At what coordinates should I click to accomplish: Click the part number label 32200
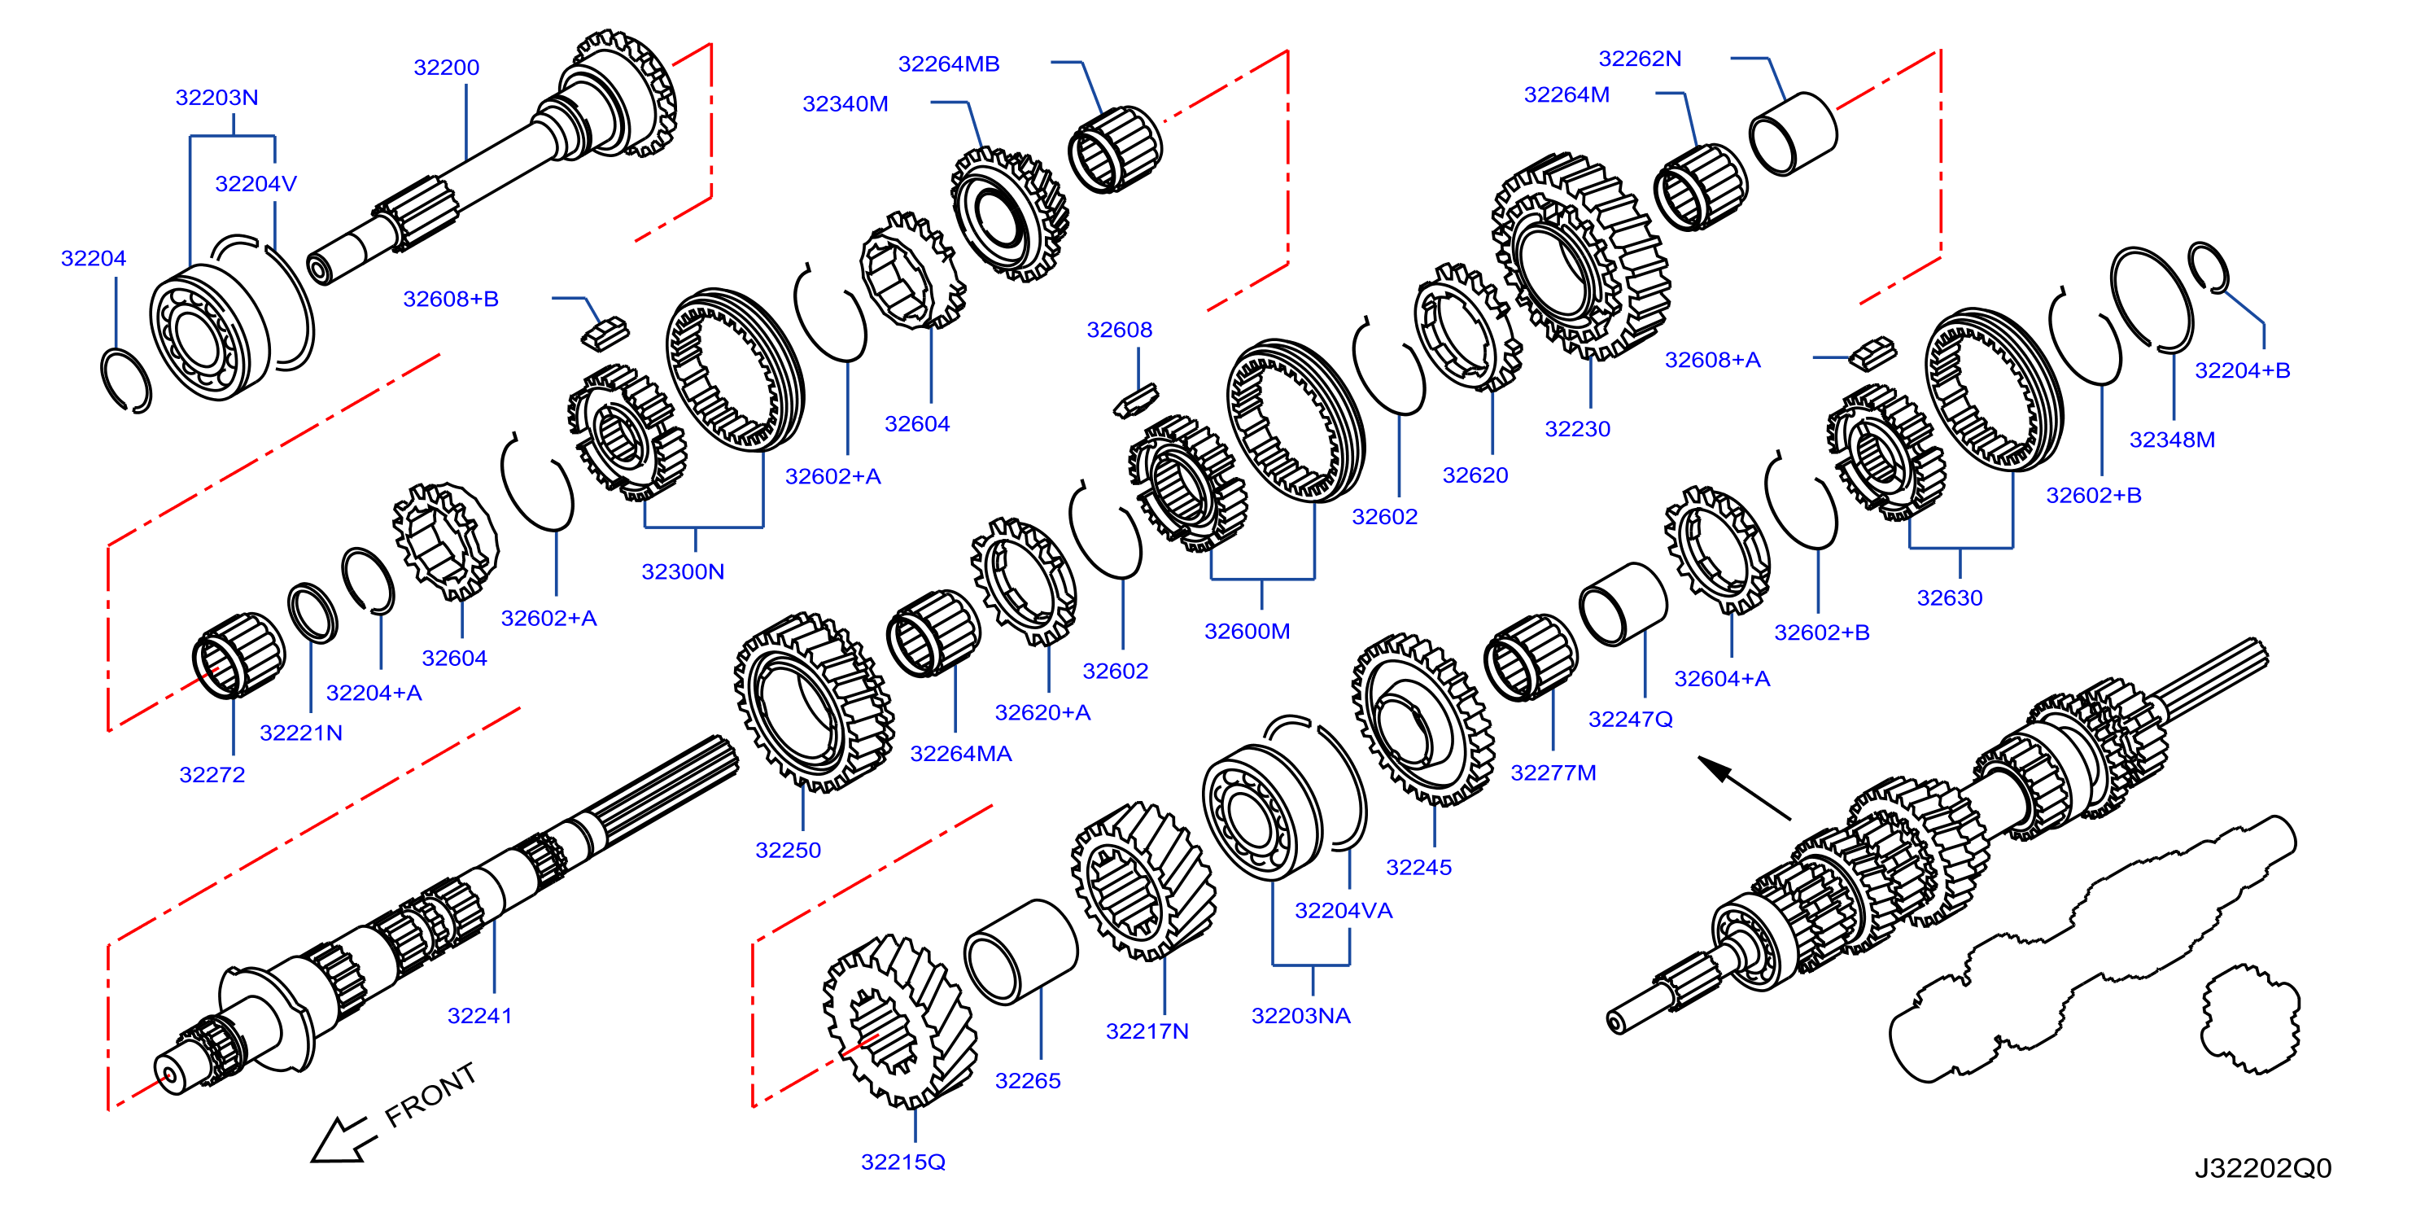tap(446, 68)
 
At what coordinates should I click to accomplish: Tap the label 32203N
tap(216, 98)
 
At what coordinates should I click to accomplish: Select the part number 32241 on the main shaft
tap(479, 1016)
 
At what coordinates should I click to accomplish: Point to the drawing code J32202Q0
tap(2263, 1168)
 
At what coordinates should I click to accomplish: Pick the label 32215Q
tap(902, 1162)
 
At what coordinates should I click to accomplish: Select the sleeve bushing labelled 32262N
tap(1794, 133)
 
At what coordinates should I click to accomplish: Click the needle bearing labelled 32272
tap(238, 655)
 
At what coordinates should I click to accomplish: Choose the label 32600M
tap(1247, 632)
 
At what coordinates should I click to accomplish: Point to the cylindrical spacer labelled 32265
tap(1020, 951)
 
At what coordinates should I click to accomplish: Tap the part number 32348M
tap(2172, 440)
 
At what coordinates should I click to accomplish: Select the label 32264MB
tap(949, 64)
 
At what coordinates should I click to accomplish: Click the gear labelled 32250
tap(815, 702)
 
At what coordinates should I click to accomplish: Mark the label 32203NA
tap(1301, 1016)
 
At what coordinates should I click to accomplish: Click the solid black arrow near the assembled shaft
tap(1745, 788)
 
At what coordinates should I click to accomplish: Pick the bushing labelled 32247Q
tap(1623, 605)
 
